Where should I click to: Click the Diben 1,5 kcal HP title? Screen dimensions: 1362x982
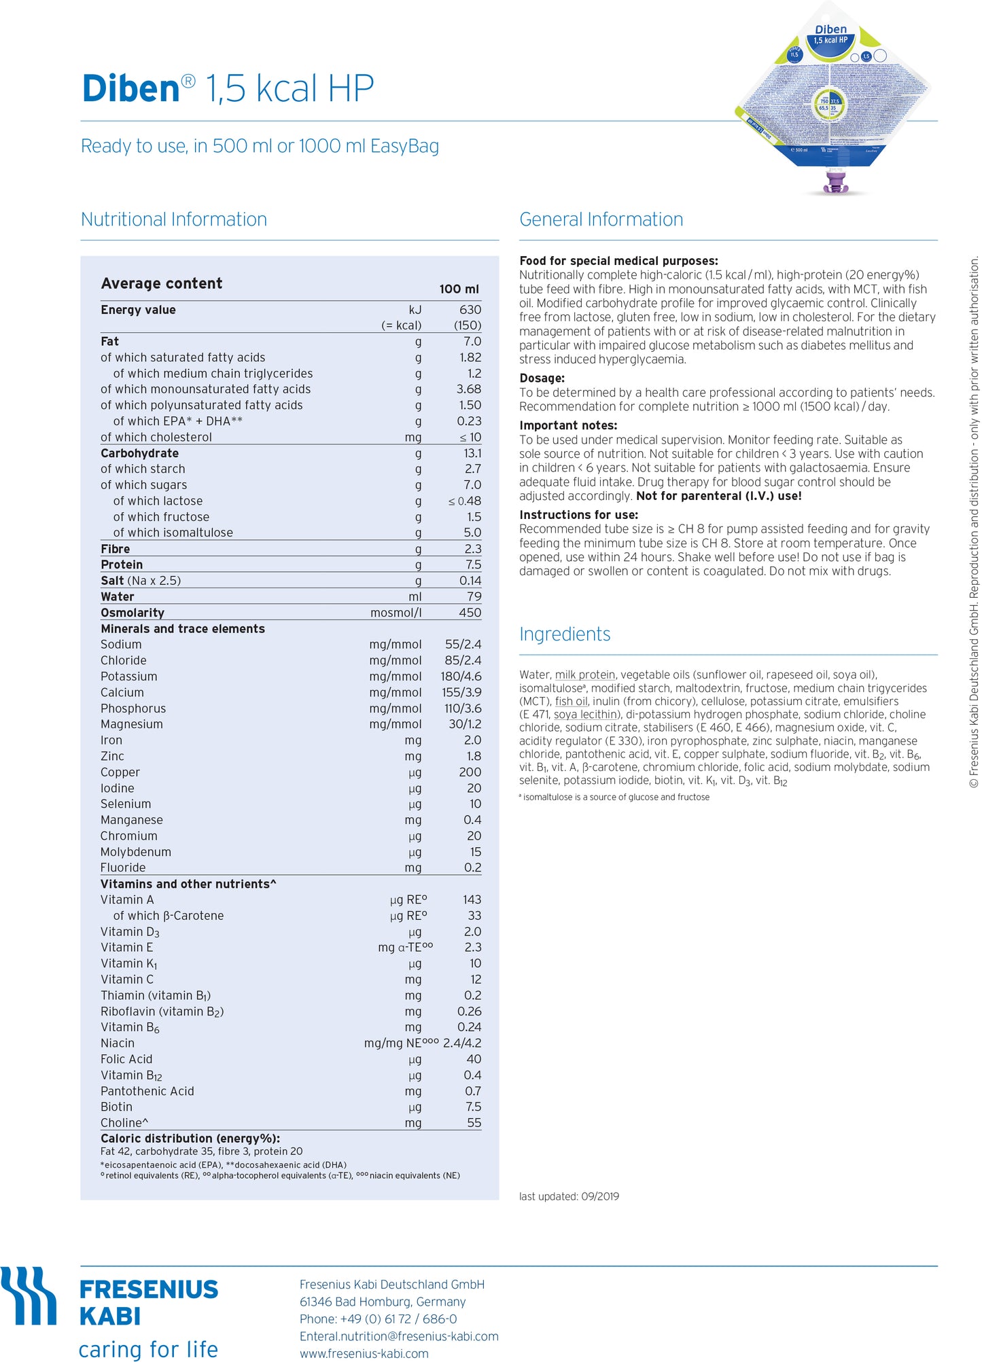click(228, 89)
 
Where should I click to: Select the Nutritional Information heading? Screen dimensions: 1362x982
click(173, 219)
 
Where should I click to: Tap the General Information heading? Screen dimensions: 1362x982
click(601, 219)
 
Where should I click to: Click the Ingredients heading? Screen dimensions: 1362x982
click(564, 634)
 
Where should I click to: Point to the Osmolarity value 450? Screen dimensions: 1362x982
click(470, 613)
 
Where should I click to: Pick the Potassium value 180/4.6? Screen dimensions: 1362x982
click(461, 677)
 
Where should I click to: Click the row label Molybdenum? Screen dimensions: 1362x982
click(136, 852)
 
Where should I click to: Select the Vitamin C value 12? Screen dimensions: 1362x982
click(475, 980)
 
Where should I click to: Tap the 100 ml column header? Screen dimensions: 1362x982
click(459, 289)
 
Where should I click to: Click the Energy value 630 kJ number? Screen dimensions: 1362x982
click(470, 310)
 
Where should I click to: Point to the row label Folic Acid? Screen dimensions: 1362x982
click(126, 1059)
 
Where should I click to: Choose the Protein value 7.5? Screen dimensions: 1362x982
click(473, 564)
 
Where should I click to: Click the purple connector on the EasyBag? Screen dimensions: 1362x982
click(835, 182)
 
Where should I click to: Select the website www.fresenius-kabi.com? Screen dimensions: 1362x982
click(364, 1353)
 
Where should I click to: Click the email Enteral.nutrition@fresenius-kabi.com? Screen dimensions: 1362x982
click(399, 1336)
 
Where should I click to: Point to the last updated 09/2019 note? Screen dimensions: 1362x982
click(569, 1196)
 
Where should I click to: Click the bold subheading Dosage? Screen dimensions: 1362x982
click(542, 378)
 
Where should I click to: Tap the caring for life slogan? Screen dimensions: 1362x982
click(148, 1349)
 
